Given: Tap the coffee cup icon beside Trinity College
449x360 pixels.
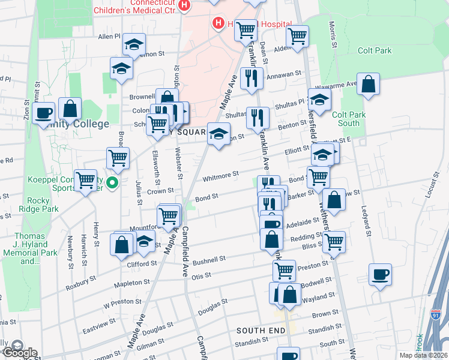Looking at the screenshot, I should [43, 112].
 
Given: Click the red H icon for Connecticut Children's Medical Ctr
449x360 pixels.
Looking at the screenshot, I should [185, 5].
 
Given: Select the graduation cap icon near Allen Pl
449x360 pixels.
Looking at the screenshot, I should [134, 44].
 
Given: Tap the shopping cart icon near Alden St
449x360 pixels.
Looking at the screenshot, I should [297, 36].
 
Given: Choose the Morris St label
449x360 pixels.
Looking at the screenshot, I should [332, 35].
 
